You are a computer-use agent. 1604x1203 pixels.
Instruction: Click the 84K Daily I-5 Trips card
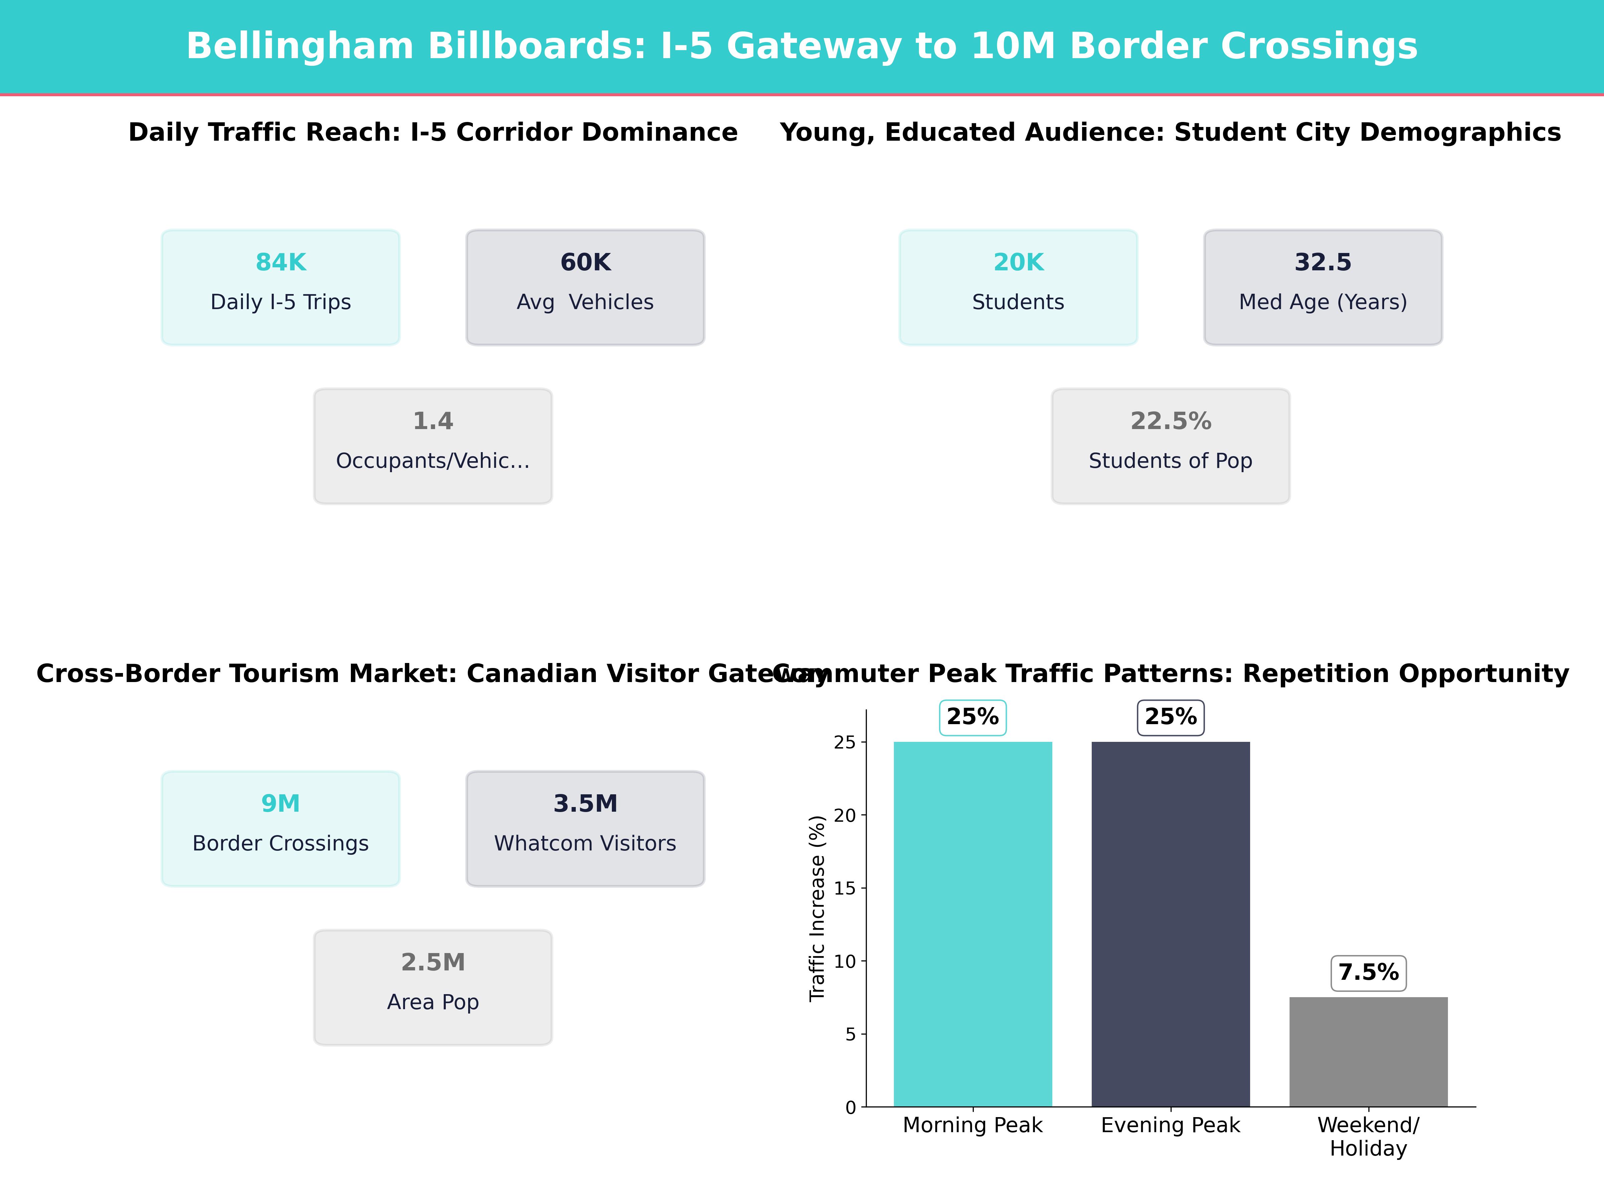pos(281,287)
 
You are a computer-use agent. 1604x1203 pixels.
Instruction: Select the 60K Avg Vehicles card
pos(585,287)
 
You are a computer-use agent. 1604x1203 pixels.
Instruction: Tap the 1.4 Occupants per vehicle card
pos(433,446)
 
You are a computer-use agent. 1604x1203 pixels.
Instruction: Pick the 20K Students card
pos(1018,287)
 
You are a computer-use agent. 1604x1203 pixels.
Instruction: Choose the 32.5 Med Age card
pos(1323,287)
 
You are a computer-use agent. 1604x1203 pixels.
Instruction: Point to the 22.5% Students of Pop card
pos(1170,446)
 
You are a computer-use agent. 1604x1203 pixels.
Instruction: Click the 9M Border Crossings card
pos(281,828)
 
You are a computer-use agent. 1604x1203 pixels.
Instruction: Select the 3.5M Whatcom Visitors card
pos(585,828)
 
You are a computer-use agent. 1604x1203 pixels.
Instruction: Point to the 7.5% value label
pos(1368,972)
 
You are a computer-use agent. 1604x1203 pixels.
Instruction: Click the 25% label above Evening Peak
pos(1170,717)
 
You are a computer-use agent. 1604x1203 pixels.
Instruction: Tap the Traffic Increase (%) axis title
pos(817,908)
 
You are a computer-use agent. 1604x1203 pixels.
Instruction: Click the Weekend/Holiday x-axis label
pos(1368,1136)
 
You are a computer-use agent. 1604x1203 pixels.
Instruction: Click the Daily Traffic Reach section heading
pos(433,133)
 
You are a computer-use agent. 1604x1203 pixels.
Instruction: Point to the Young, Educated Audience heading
pos(1170,133)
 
